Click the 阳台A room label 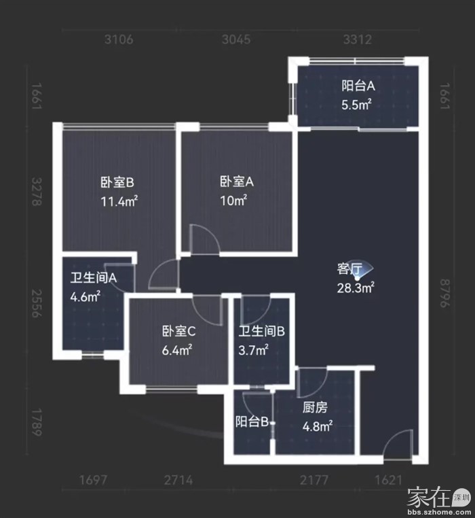click(x=358, y=86)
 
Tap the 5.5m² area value click(x=356, y=105)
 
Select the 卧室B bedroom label click(x=117, y=182)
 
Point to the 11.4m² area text click(x=119, y=201)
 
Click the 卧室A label click(x=237, y=182)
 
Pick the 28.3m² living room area click(x=356, y=288)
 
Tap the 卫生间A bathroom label click(x=94, y=278)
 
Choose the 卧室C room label click(x=178, y=331)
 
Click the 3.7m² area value click(x=253, y=350)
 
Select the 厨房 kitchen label click(x=315, y=408)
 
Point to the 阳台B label click(x=252, y=422)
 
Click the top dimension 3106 click(x=119, y=39)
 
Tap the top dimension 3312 click(x=358, y=39)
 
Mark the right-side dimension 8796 click(x=445, y=294)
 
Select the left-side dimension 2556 click(x=37, y=304)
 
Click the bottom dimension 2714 click(x=178, y=480)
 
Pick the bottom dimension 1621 click(x=389, y=480)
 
